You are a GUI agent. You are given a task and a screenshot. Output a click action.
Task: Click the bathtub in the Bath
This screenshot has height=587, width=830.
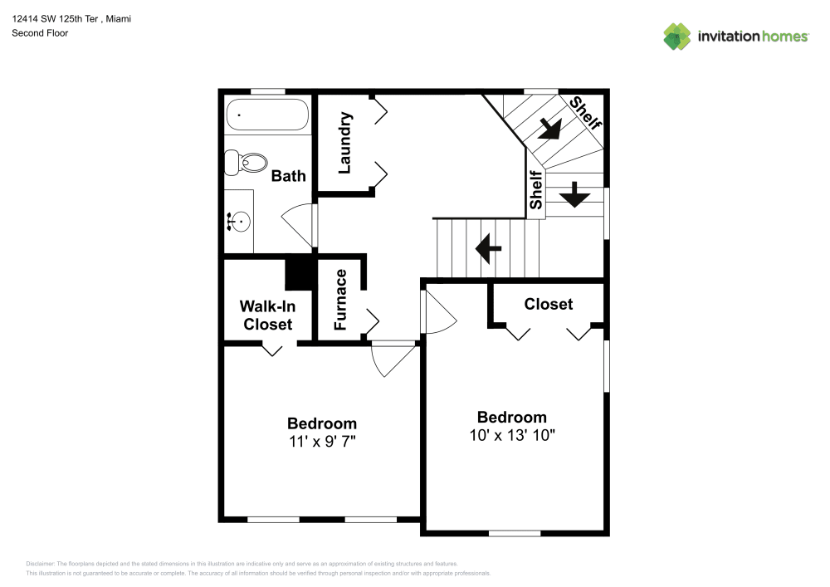(266, 115)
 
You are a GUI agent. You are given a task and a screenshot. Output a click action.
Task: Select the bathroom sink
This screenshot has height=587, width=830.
(239, 221)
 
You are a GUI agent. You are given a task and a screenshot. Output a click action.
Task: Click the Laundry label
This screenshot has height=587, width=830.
(345, 143)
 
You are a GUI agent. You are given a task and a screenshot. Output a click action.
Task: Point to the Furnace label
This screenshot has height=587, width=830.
(340, 299)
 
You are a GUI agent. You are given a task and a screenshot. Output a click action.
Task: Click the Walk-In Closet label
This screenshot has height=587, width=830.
(267, 315)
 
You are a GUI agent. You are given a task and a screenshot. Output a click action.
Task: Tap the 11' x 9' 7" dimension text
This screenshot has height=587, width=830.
(322, 442)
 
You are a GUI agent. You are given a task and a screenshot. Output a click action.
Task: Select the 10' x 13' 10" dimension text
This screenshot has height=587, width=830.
(511, 435)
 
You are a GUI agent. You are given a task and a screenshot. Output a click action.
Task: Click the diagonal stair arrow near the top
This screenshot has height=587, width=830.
(548, 129)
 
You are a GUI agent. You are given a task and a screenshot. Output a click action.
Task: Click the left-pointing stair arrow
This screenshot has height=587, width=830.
(488, 247)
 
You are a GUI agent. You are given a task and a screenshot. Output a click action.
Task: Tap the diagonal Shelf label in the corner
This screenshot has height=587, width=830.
(585, 114)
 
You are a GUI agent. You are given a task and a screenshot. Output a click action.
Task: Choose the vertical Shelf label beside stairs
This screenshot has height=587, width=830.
(536, 190)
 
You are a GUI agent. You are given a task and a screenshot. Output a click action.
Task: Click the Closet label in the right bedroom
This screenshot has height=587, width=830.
(548, 305)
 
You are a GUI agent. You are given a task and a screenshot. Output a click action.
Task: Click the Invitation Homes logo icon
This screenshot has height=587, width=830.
(677, 36)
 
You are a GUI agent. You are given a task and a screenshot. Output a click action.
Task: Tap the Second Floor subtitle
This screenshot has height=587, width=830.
(40, 33)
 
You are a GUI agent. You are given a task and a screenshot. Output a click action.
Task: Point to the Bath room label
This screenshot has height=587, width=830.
(288, 176)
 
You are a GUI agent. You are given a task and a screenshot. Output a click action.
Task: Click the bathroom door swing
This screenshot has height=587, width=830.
(298, 224)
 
